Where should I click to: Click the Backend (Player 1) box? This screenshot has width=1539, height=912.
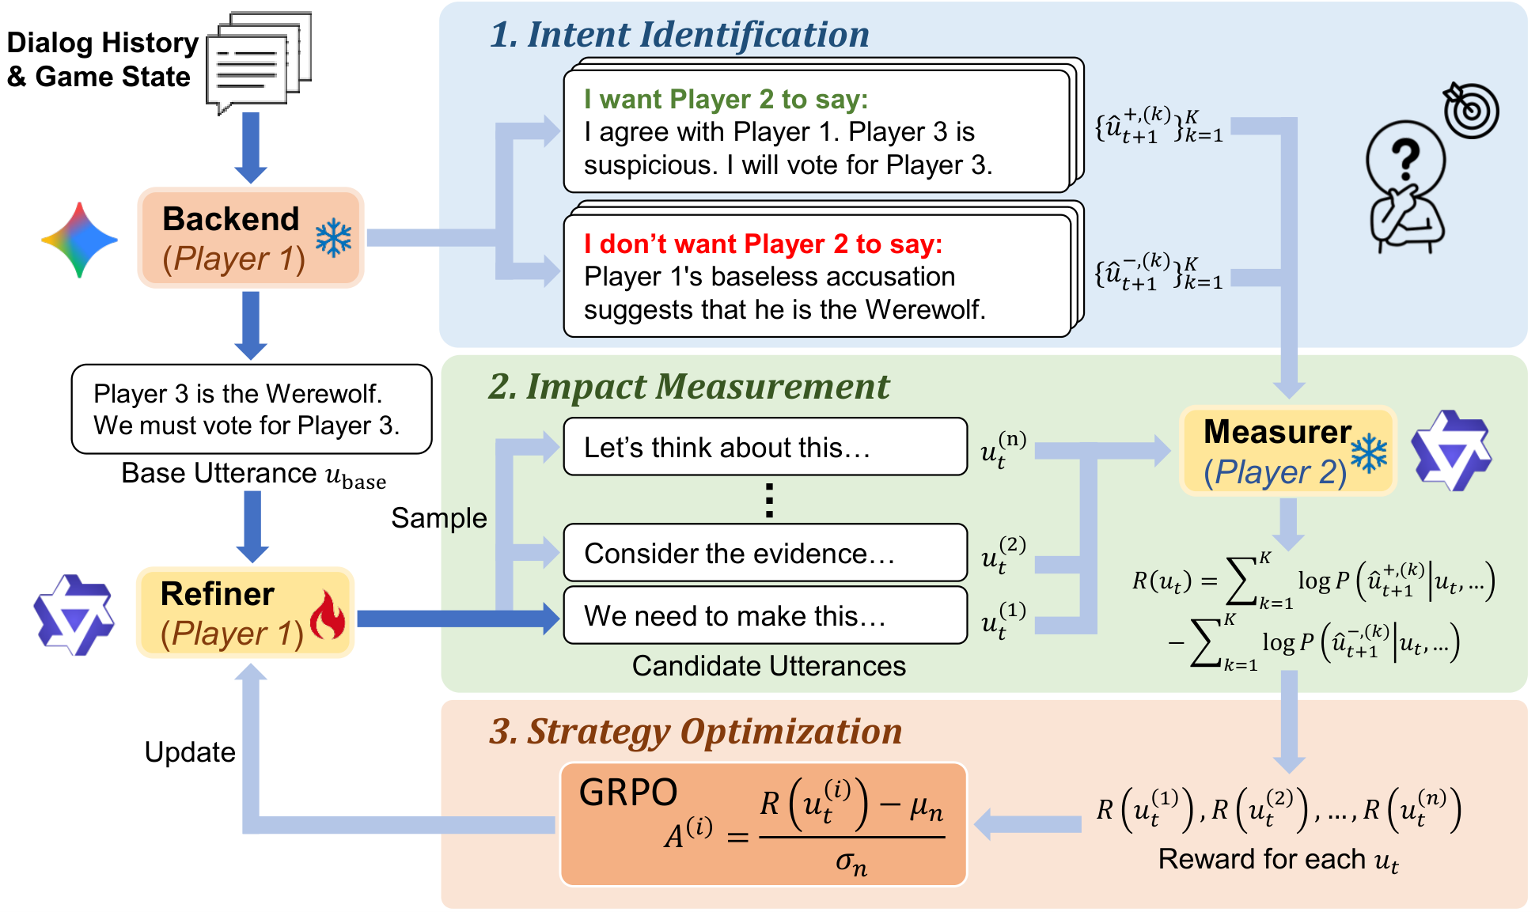click(250, 237)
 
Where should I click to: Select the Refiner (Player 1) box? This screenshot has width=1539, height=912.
click(244, 613)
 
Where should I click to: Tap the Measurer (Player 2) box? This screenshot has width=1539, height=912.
click(1287, 451)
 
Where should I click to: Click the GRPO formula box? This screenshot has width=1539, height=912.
click(763, 824)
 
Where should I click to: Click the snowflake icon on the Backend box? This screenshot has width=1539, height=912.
click(333, 238)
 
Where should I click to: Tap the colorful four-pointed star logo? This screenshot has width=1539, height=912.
click(79, 240)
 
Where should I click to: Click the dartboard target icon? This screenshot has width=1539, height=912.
click(1469, 110)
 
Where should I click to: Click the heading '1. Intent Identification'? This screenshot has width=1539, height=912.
click(679, 35)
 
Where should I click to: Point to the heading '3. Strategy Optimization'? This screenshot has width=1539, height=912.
click(695, 732)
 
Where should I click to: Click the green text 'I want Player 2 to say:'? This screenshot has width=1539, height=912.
click(726, 100)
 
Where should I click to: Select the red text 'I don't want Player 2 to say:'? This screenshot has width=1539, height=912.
click(763, 244)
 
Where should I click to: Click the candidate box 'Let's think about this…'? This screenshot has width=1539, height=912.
click(764, 448)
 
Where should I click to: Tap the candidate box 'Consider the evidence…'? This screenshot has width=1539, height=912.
click(764, 554)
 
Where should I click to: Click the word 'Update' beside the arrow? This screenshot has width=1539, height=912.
click(190, 752)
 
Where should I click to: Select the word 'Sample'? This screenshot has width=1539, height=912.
click(439, 518)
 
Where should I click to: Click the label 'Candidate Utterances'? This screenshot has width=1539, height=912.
click(768, 666)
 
